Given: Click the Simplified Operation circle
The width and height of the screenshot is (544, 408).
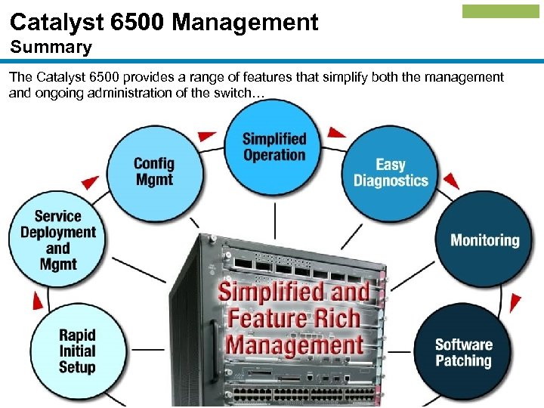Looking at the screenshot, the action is click(274, 147).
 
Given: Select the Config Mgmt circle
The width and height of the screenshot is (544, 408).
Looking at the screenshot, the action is click(154, 172).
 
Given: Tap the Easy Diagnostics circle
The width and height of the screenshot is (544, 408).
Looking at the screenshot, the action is click(391, 172).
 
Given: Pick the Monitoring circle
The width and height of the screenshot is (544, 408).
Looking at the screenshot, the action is click(484, 240).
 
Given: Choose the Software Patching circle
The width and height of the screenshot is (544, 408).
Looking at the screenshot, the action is click(463, 352).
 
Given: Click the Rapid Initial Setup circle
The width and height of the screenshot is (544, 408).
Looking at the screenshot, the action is click(77, 351).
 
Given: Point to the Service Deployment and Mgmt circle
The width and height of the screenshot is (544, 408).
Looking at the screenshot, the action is click(57, 240).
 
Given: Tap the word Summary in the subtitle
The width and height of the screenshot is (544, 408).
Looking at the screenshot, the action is click(51, 47).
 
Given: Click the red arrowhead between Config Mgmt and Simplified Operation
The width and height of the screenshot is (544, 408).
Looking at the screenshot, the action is click(207, 136).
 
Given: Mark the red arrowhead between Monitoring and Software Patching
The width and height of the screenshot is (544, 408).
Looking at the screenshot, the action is click(515, 303).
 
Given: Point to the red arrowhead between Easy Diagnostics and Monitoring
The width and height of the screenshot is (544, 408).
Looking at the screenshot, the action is click(451, 181).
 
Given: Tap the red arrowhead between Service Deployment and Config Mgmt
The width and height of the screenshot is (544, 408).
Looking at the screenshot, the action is click(91, 181).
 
